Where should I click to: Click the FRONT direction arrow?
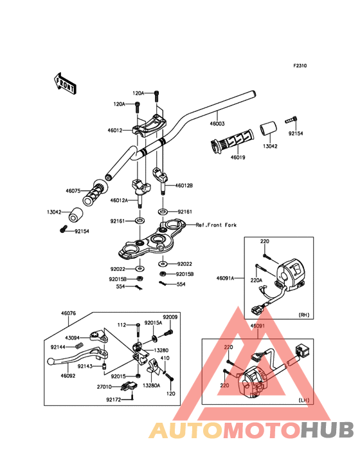tap(65, 84)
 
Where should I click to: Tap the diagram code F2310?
tap(300, 66)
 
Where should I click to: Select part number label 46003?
tap(217, 124)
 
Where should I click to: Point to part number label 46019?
tap(238, 158)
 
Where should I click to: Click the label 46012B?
tap(184, 186)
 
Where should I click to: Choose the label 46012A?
tap(119, 200)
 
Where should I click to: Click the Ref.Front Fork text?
tap(216, 225)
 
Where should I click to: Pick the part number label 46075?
tap(73, 190)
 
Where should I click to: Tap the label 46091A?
tap(225, 278)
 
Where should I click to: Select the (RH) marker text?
tap(304, 315)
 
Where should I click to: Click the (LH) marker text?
tap(304, 400)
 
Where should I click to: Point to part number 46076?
tap(68, 313)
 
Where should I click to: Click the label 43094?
tap(72, 338)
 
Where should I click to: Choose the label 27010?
tap(104, 387)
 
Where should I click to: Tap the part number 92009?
tap(170, 317)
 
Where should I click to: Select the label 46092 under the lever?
tap(67, 376)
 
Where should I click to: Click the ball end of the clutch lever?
tap(50, 361)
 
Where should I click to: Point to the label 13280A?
tap(152, 385)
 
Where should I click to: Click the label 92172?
tap(114, 400)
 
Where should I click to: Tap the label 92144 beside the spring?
tap(58, 347)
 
